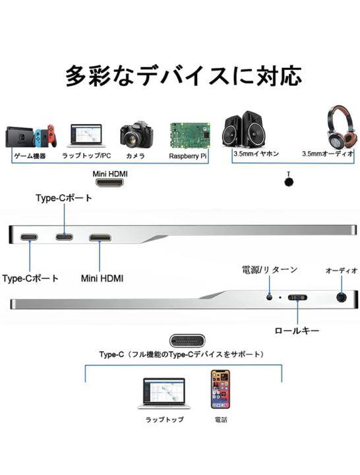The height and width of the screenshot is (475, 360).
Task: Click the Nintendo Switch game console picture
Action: click(31, 137)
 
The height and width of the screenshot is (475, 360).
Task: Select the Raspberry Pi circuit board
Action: click(190, 135)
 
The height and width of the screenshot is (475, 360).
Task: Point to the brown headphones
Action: click(341, 127)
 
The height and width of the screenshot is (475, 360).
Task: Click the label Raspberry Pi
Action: click(188, 156)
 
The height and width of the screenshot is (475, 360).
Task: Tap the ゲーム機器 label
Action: click(30, 156)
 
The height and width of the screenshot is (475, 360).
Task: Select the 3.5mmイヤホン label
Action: click(256, 154)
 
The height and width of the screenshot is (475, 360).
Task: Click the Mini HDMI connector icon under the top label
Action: click(110, 183)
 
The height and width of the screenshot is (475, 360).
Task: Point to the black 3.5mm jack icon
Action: click(289, 182)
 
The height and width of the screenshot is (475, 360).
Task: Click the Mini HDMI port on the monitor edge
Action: click(100, 237)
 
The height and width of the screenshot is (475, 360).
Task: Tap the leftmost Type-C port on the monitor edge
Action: click(30, 237)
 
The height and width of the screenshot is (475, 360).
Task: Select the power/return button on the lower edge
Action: click(270, 297)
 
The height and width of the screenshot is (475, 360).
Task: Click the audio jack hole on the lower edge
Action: click(342, 297)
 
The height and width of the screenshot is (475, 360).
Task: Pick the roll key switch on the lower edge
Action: click(297, 298)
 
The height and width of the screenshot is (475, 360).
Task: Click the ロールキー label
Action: click(297, 331)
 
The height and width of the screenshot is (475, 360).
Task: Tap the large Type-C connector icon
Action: click(187, 341)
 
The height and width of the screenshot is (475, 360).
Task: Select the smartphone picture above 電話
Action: click(220, 389)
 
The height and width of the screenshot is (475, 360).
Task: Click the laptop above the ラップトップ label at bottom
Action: click(164, 394)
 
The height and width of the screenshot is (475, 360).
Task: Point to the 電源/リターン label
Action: click(270, 270)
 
